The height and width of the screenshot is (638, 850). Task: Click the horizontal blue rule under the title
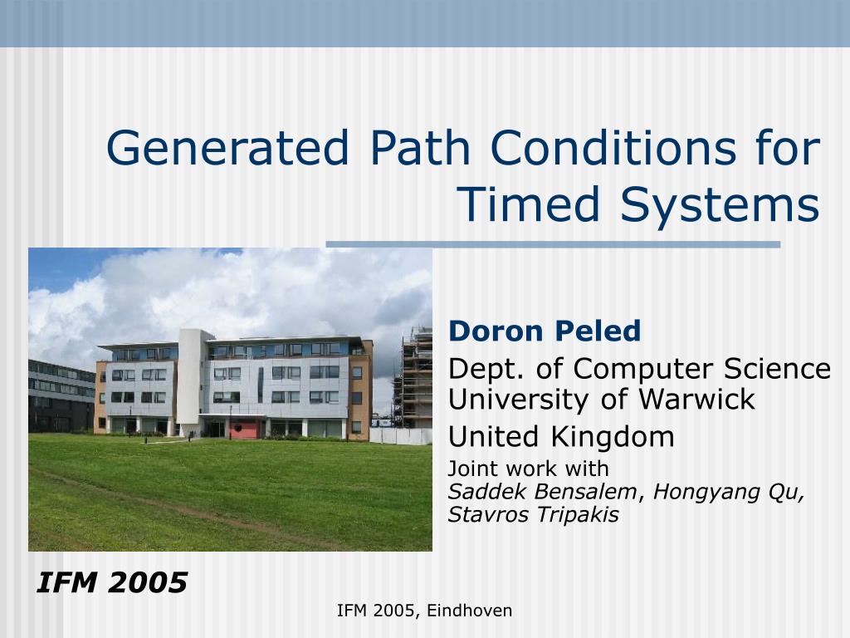point(553,244)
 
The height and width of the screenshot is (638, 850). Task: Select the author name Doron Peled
point(545,331)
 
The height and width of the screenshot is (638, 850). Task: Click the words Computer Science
point(701,368)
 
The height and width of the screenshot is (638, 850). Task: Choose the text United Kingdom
point(561,436)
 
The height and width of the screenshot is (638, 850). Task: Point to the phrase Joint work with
point(528,468)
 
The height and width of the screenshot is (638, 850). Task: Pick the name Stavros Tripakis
point(533,515)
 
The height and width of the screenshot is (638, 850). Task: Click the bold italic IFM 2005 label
point(111,583)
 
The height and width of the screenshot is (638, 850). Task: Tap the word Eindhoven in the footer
point(470,611)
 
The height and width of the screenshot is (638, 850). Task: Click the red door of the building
point(243,429)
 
